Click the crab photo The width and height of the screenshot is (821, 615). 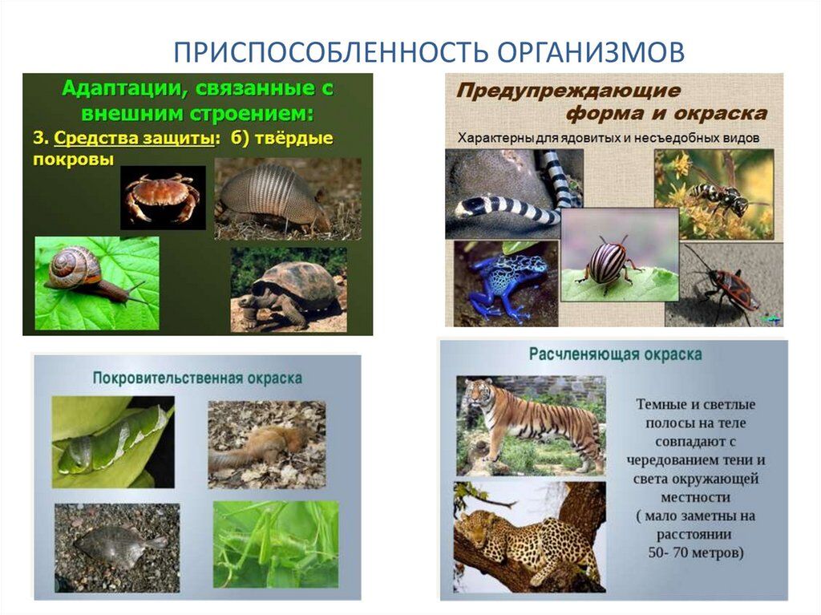(163, 197)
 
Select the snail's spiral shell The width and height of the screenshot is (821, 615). (73, 267)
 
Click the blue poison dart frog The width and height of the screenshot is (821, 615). (500, 285)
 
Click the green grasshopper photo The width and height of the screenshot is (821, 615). (276, 544)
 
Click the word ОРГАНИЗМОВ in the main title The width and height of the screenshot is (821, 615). (591, 52)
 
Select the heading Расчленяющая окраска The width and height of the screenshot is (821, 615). (615, 354)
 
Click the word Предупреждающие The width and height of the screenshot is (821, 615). (568, 91)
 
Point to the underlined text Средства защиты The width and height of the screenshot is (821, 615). (134, 138)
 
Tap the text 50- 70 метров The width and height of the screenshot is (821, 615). (696, 553)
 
